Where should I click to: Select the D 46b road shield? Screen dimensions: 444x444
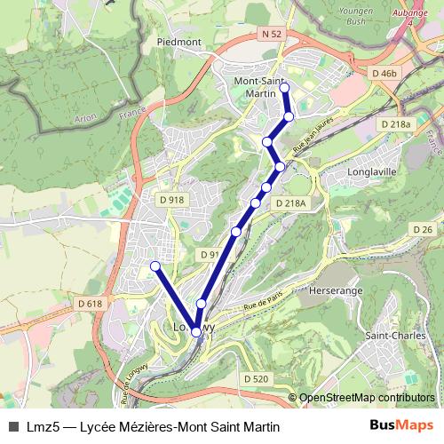click(x=385, y=73)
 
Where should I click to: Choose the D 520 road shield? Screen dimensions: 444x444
click(x=255, y=379)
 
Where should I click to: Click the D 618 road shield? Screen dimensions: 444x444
click(x=90, y=304)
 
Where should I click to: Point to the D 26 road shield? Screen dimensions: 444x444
click(x=423, y=230)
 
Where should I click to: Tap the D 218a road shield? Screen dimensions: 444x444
click(x=396, y=125)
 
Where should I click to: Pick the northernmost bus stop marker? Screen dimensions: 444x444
click(x=284, y=87)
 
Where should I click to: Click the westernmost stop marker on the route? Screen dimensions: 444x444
click(x=155, y=266)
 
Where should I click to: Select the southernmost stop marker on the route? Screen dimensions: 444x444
click(x=195, y=332)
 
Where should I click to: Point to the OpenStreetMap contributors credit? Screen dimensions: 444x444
click(x=366, y=398)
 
